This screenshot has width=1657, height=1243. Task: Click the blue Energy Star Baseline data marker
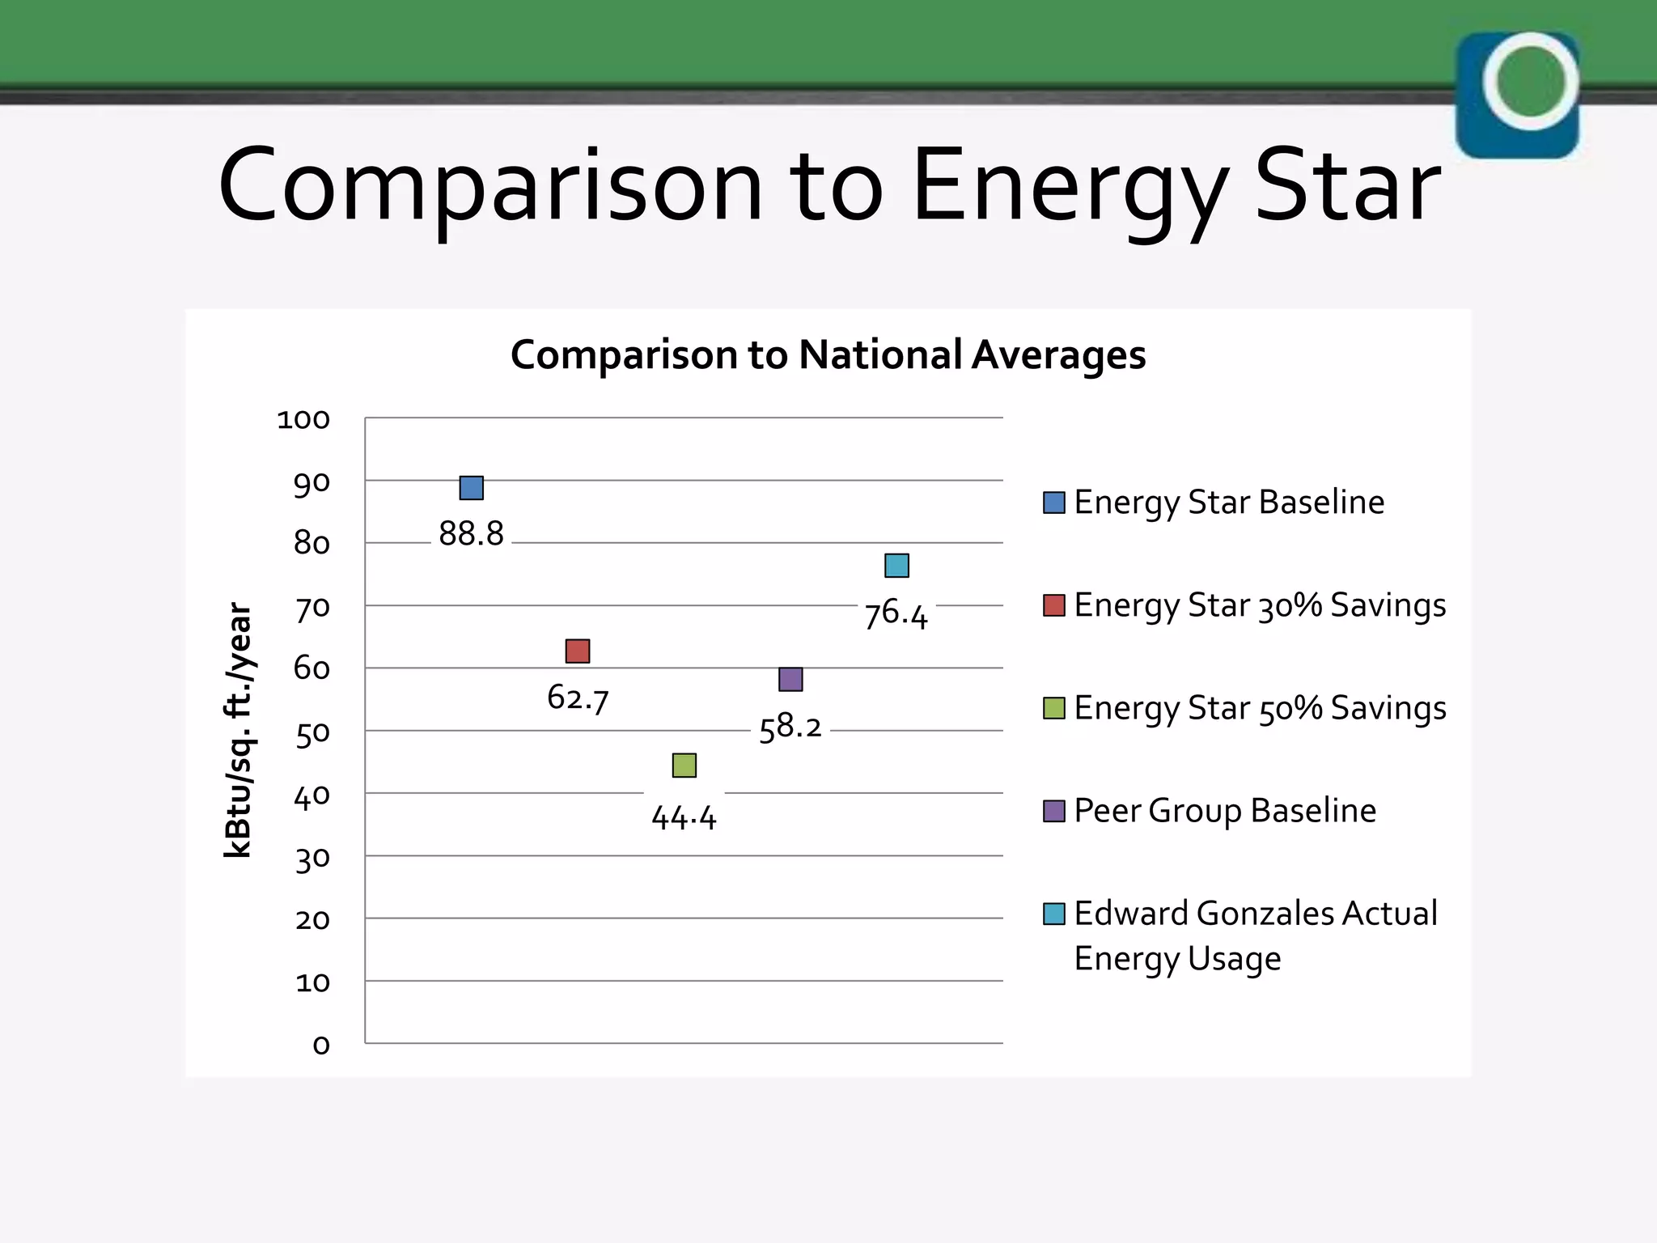pyautogui.click(x=471, y=488)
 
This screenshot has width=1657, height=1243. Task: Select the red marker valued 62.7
pyautogui.click(x=578, y=651)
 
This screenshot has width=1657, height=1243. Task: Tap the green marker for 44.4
pyautogui.click(x=684, y=766)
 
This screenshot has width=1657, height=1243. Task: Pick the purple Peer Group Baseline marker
pyautogui.click(x=790, y=679)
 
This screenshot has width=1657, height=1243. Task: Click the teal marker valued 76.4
pyautogui.click(x=896, y=566)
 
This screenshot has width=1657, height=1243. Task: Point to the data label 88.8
pyautogui.click(x=471, y=534)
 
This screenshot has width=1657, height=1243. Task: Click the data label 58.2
pyautogui.click(x=790, y=728)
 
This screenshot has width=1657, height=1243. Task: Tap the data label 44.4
pyautogui.click(x=684, y=817)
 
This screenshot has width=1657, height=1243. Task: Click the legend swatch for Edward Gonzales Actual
pyautogui.click(x=1053, y=914)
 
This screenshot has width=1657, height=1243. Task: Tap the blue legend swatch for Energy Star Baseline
pyautogui.click(x=1053, y=503)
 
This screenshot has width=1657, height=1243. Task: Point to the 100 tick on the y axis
pyautogui.click(x=303, y=420)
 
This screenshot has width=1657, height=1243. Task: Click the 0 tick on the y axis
pyautogui.click(x=321, y=1046)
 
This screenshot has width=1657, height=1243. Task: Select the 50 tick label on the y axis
pyautogui.click(x=311, y=733)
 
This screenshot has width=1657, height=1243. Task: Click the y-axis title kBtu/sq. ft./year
pyautogui.click(x=239, y=730)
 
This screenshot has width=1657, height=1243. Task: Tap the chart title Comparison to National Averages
pyautogui.click(x=828, y=355)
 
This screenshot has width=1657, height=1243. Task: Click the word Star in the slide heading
pyautogui.click(x=1347, y=186)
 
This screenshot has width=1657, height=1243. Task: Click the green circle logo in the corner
pyautogui.click(x=1530, y=81)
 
